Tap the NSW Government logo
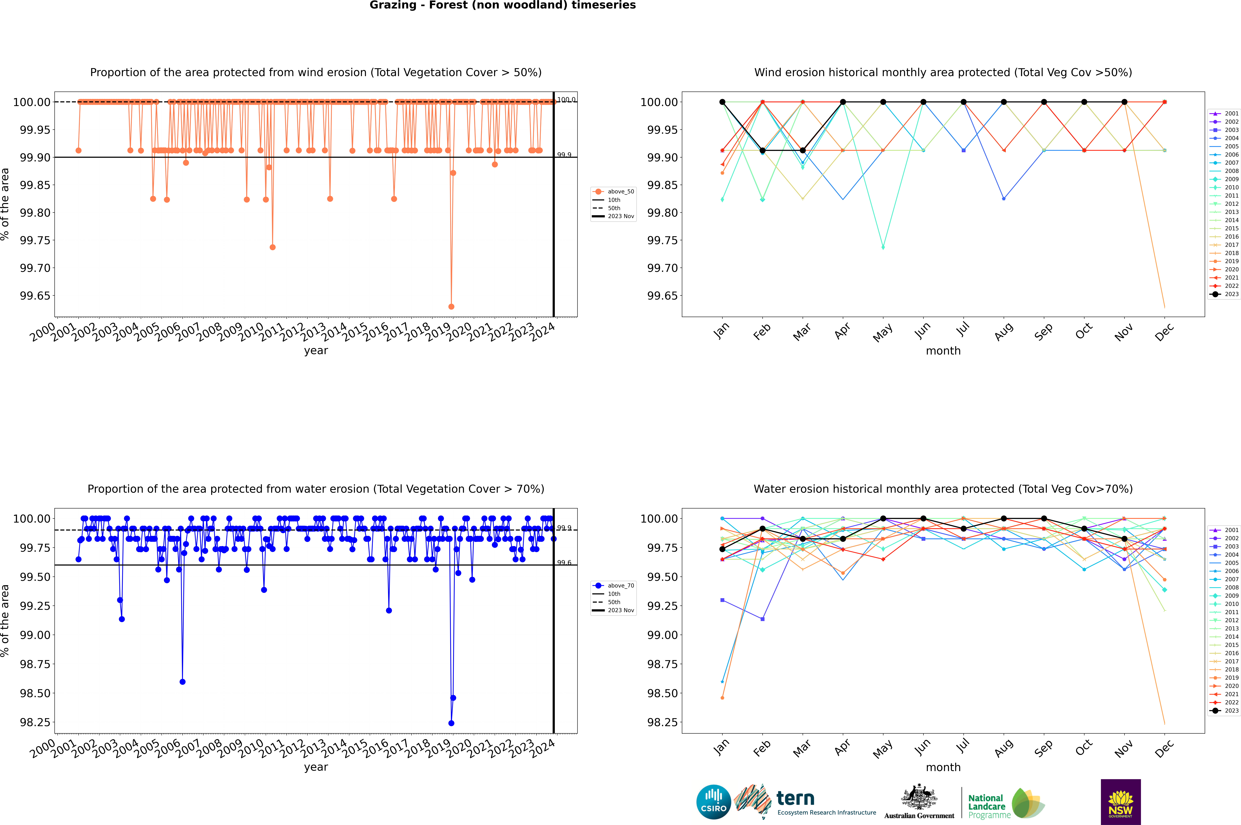(1121, 802)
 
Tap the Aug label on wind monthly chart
(1004, 331)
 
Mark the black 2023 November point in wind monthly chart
(1124, 102)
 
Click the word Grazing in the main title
(392, 5)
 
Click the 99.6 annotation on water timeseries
(564, 562)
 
